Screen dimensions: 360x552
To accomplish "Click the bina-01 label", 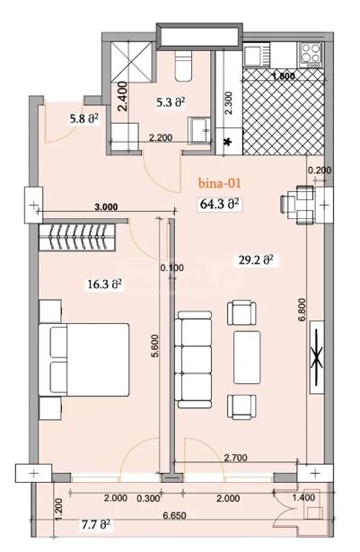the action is click(219, 183).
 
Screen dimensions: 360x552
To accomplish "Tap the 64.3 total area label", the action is click(220, 204).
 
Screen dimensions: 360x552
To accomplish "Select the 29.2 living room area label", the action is click(256, 260).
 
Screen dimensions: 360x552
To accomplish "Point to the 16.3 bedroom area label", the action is click(105, 285).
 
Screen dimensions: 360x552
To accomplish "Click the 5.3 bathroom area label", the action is click(171, 103).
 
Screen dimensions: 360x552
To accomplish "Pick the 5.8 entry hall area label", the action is click(83, 119).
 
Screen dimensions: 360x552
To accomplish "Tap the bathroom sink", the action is click(200, 131).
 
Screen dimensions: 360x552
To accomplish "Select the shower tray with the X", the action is click(131, 63).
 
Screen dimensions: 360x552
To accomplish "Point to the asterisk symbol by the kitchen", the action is click(229, 142).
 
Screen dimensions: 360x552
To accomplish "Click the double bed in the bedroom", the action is click(83, 360).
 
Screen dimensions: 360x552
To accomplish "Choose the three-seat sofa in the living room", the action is click(193, 359).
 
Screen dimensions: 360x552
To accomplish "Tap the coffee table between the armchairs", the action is click(247, 357).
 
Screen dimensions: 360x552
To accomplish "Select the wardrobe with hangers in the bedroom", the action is click(77, 237).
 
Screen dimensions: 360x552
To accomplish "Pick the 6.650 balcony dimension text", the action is click(174, 515).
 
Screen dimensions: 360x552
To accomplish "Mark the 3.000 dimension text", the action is click(106, 206).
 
